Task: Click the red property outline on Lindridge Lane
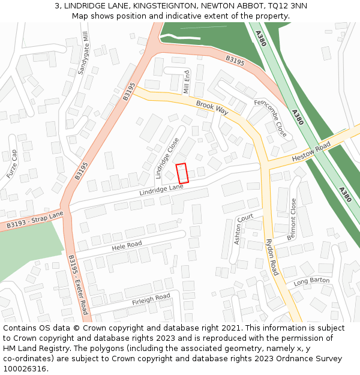coord(182,173)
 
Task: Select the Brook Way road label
coord(212,108)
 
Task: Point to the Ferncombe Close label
coord(269,118)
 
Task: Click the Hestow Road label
coord(311,152)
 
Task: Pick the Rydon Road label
coord(272,257)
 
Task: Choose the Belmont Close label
coord(293,219)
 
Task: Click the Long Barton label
coord(311,281)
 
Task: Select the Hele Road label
coord(127,245)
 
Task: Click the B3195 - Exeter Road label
coord(78,284)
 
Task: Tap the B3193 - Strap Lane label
coord(35,220)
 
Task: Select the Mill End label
coord(187,82)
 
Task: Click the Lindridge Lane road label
coord(161,190)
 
